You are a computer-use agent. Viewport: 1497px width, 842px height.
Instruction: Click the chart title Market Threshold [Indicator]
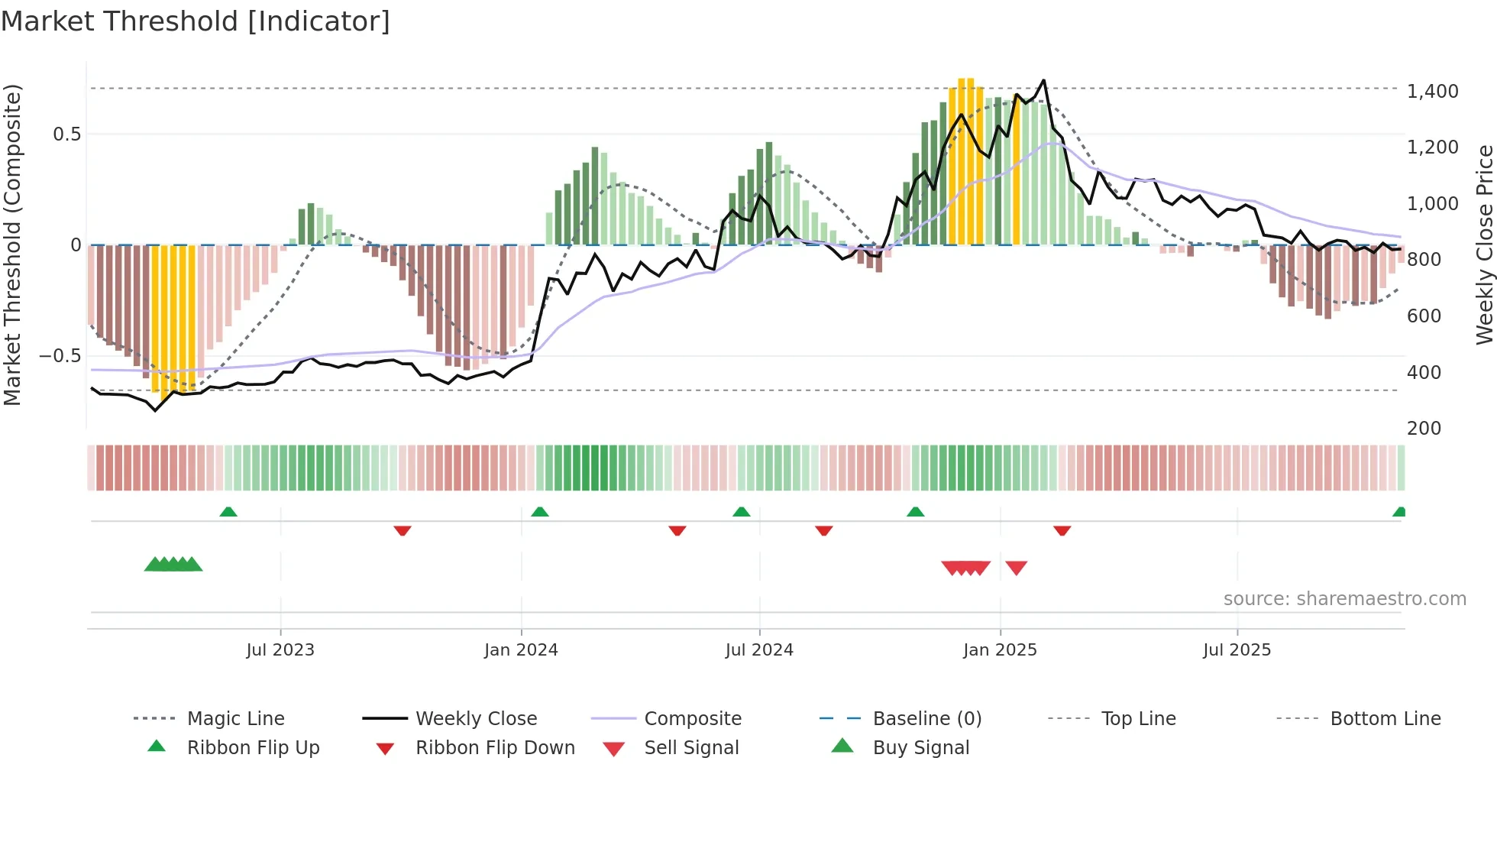(196, 21)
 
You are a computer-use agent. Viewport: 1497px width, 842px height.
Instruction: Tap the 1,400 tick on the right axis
(1432, 92)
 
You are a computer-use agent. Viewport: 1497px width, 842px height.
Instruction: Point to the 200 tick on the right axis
(1424, 429)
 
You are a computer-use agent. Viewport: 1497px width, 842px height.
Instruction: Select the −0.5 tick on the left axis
(60, 356)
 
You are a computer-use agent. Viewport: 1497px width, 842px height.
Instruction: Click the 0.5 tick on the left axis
(66, 134)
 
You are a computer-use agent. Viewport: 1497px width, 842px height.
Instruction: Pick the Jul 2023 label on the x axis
(280, 650)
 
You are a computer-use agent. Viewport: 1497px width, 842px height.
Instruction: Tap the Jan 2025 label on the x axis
(1000, 650)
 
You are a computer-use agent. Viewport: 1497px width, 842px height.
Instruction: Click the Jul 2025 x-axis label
(1237, 650)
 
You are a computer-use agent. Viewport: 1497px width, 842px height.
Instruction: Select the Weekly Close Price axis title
(1484, 245)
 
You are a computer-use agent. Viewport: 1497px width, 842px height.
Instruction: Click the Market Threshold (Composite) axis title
(12, 245)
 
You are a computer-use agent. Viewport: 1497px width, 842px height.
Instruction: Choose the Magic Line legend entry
(235, 719)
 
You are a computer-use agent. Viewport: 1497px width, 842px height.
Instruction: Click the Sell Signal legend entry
(691, 748)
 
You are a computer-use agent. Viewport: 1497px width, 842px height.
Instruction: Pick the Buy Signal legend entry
(920, 748)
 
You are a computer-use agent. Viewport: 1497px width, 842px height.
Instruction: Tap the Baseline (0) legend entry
(926, 719)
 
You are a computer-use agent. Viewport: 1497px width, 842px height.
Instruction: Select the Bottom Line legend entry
(1385, 719)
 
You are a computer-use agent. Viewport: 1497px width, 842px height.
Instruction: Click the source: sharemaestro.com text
(1344, 599)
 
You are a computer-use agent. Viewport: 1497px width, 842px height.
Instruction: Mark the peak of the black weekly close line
(1043, 80)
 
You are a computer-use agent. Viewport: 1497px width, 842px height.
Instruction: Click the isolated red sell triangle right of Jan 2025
(1017, 568)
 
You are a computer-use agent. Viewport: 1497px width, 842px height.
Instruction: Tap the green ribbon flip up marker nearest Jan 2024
(540, 512)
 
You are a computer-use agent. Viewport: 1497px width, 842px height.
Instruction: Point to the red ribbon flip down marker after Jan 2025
(1062, 530)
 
